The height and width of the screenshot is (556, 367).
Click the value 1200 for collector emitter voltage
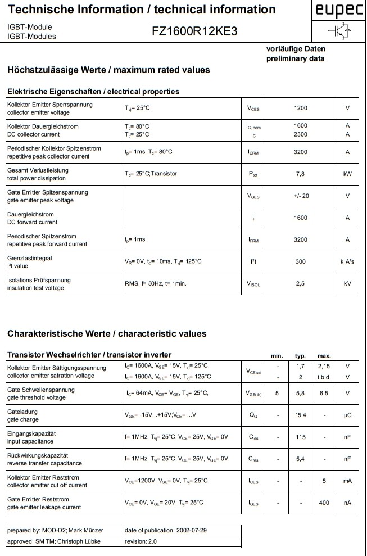coord(301,108)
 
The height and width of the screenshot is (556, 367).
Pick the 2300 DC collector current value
coord(301,134)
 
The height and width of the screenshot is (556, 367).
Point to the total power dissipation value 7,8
coord(301,174)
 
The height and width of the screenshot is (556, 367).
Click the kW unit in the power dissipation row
coord(347,174)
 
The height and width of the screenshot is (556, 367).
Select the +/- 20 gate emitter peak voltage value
coord(301,196)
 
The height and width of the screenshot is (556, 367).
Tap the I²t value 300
coord(301,261)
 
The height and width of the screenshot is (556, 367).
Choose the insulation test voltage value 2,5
coord(301,283)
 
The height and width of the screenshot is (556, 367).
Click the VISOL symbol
coord(253,284)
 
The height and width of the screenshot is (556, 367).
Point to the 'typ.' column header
coord(300,355)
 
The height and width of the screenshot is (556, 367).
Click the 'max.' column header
coord(324,355)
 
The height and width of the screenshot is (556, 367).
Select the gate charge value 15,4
coord(300,415)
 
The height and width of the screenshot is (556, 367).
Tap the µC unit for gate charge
coord(347,415)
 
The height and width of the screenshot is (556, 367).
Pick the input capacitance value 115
coord(300,437)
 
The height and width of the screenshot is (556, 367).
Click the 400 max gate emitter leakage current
coord(324,503)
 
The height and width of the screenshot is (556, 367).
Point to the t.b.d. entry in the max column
coord(324,377)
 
